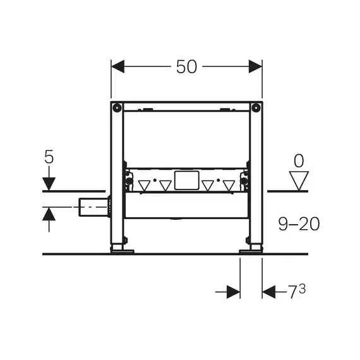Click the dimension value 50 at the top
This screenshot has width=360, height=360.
(x=186, y=67)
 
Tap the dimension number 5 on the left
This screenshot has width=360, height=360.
(x=49, y=157)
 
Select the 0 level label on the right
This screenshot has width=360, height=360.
(x=299, y=160)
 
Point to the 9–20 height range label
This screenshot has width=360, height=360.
(x=299, y=224)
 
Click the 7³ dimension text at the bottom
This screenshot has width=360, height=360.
(x=297, y=291)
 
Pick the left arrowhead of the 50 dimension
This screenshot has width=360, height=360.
(x=117, y=66)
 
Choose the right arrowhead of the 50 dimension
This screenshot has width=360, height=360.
(x=255, y=66)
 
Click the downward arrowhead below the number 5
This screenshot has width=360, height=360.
(x=49, y=184)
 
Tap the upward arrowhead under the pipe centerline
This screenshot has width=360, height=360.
(x=49, y=214)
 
